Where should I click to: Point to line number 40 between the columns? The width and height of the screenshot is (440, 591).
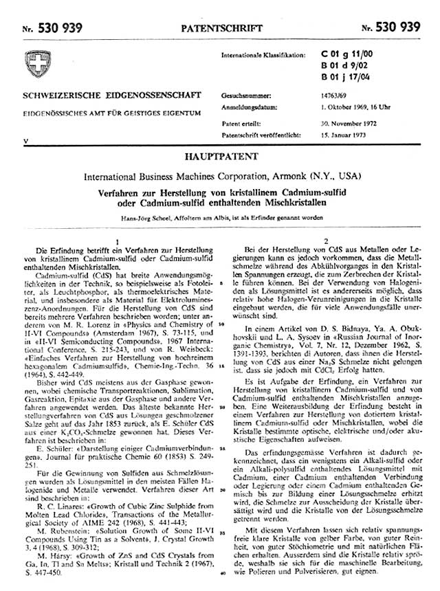(221, 571)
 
